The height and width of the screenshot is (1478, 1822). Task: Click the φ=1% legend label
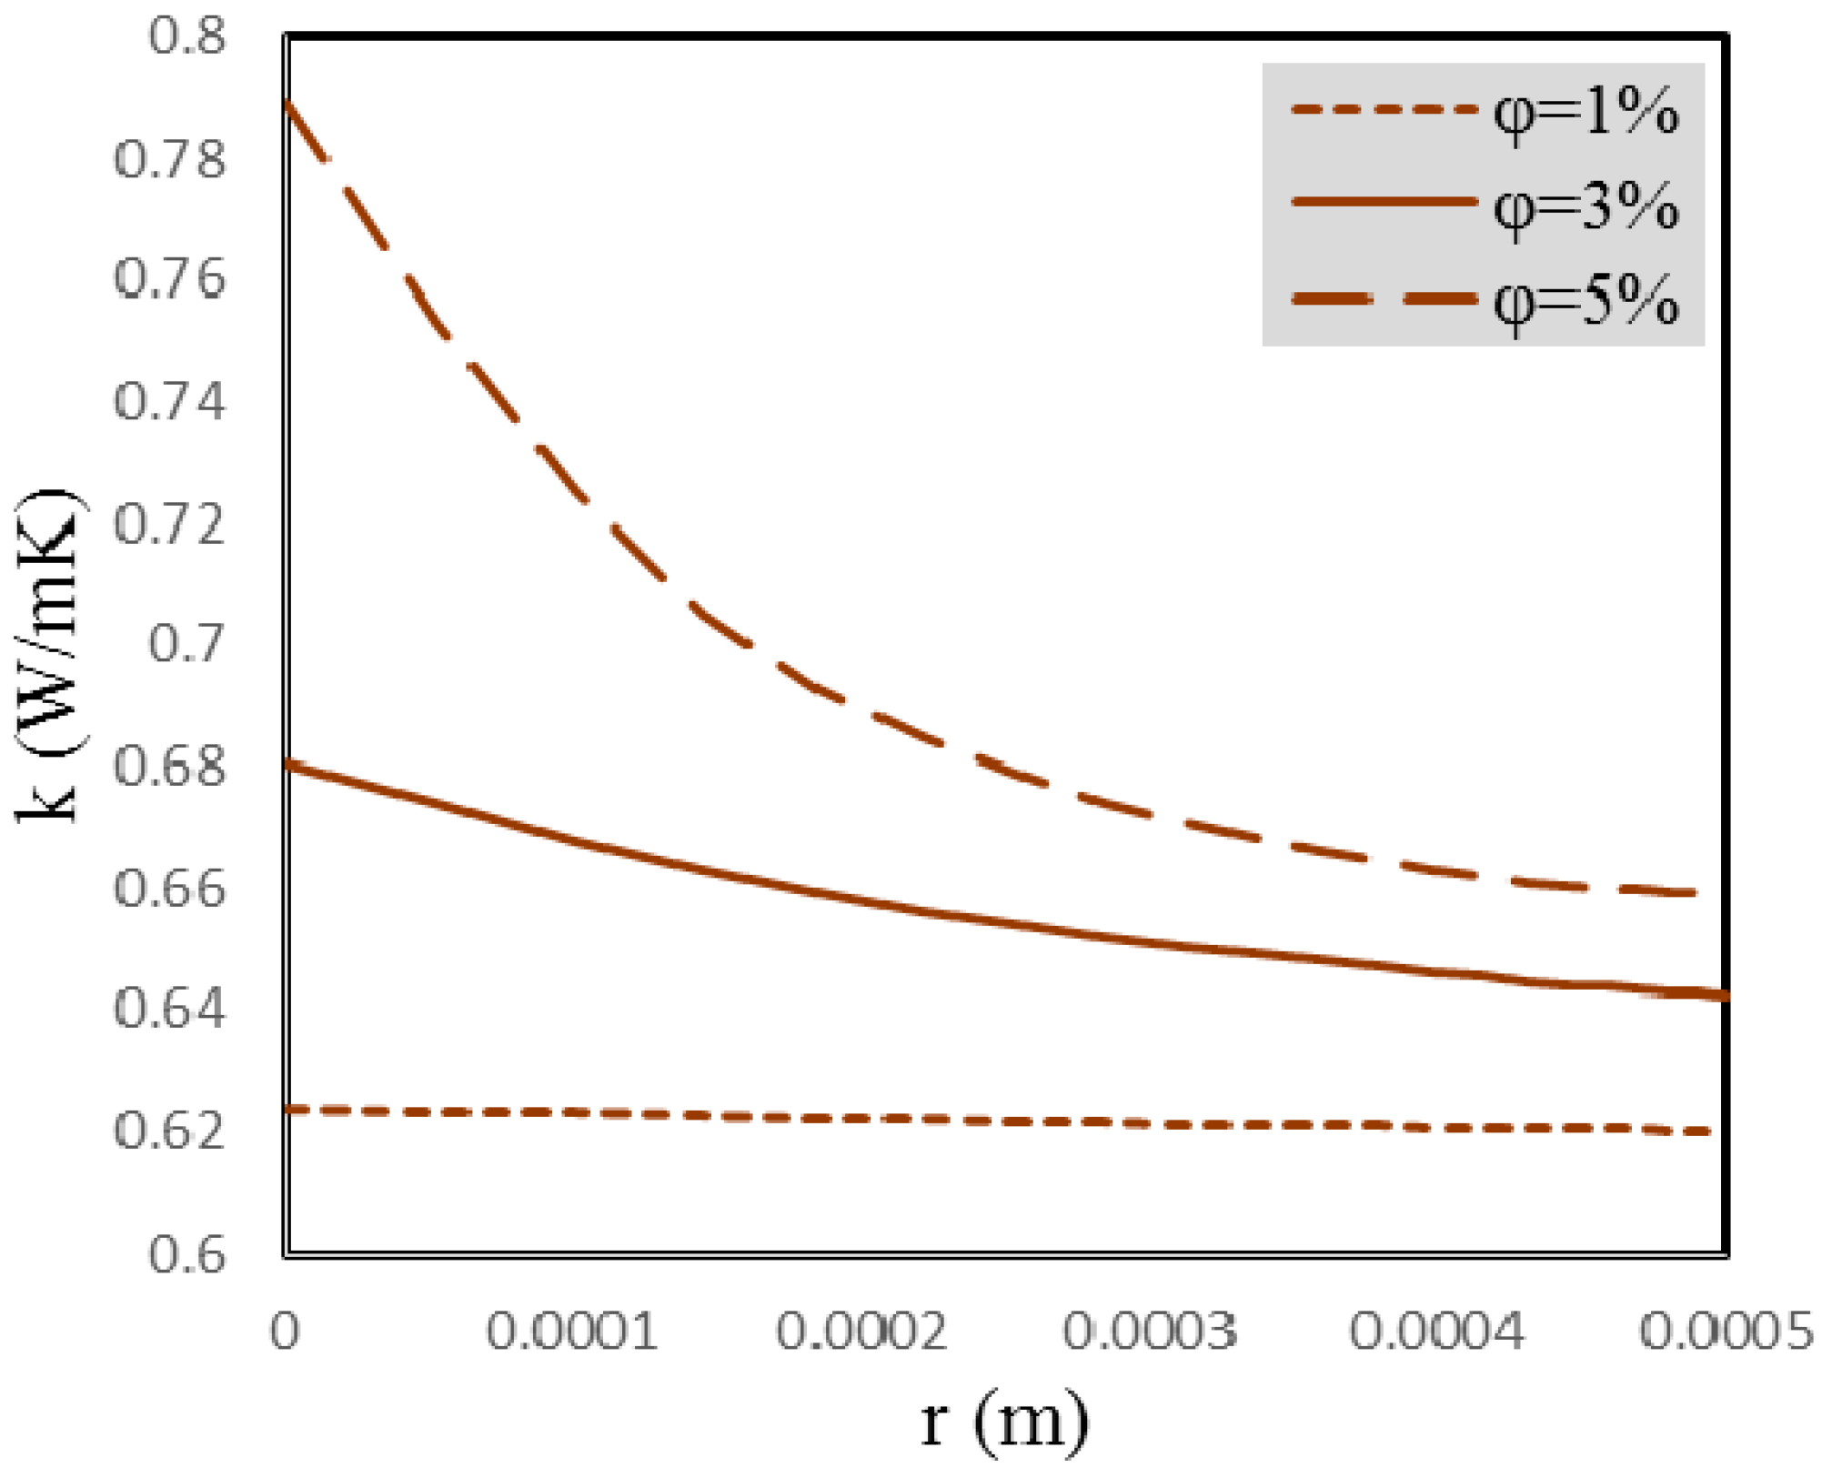pos(1585,114)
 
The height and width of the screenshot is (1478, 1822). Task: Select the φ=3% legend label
pos(1585,207)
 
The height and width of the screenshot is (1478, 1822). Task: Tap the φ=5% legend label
pos(1585,301)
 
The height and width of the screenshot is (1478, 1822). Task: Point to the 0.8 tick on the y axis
pos(186,37)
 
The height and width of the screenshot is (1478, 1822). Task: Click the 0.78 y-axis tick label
pos(169,159)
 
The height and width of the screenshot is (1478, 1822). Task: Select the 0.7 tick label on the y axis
pos(186,644)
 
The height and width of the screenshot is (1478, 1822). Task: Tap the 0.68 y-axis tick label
pos(169,767)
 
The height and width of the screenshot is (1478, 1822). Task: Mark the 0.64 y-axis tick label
pos(169,1009)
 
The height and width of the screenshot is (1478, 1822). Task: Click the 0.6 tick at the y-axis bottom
pos(186,1254)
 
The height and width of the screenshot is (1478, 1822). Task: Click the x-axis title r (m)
pos(1004,1422)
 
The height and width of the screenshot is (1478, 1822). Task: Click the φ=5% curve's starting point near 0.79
pos(287,102)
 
